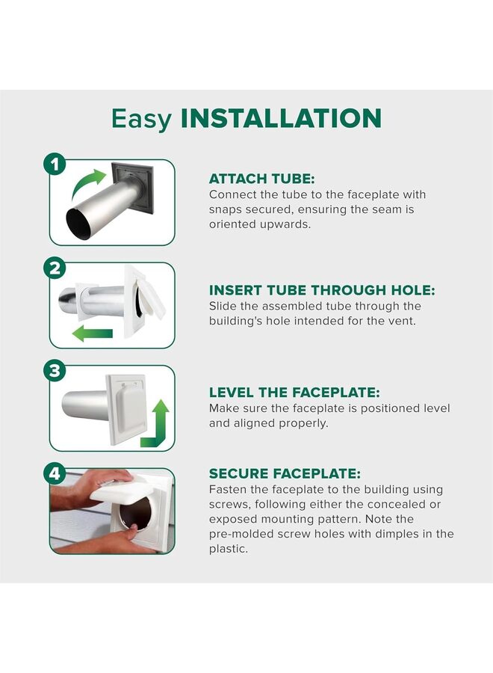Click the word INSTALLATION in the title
(281, 118)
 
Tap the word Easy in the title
(141, 120)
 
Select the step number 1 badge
(55, 165)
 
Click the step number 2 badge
(55, 268)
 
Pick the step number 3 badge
(55, 370)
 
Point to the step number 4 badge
(55, 473)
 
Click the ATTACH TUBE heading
(262, 179)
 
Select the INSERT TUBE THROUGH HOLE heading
(322, 290)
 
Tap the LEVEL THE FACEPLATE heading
(294, 393)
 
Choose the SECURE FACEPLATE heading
(285, 474)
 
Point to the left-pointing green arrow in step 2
(92, 333)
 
